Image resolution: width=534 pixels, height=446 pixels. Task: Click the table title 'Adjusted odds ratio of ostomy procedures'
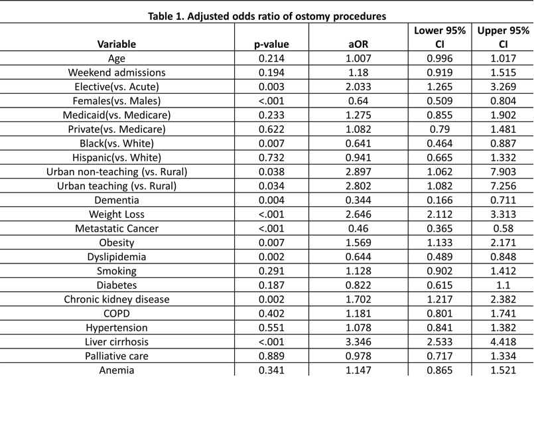tap(287, 16)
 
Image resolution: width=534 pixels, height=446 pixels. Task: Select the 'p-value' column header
tap(271, 44)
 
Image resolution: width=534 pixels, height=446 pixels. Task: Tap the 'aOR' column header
tap(358, 44)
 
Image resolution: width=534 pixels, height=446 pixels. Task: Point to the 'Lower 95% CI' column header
tap(440, 37)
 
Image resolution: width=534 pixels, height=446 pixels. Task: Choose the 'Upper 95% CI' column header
tap(503, 37)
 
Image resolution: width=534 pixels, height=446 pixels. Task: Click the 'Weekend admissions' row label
tap(117, 72)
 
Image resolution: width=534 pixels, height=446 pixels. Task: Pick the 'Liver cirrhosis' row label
tap(117, 342)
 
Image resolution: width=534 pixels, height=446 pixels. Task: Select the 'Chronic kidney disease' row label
tap(117, 299)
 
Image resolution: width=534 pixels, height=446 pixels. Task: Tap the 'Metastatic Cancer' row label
tap(117, 228)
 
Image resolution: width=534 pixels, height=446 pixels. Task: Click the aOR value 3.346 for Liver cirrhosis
tap(358, 342)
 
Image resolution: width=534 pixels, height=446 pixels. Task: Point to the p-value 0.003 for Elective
tap(271, 87)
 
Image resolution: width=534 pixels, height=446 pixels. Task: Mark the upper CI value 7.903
tap(503, 172)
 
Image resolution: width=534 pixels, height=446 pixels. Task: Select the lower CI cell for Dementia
tap(440, 200)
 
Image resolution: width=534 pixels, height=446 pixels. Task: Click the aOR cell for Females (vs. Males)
tap(358, 101)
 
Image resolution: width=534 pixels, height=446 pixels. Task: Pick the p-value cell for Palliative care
tap(271, 356)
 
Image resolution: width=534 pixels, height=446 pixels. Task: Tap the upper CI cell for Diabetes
tap(503, 285)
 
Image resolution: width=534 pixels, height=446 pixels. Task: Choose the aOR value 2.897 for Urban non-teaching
tap(358, 172)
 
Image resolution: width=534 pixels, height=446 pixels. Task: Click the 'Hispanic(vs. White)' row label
tap(117, 158)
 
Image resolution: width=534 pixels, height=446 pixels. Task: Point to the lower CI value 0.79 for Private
tap(440, 129)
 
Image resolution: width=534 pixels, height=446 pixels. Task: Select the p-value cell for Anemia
tap(271, 370)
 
